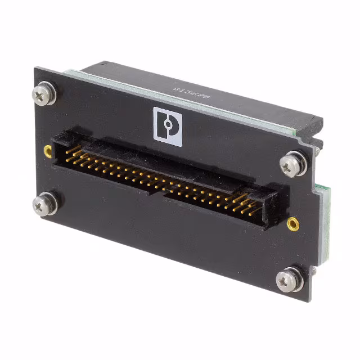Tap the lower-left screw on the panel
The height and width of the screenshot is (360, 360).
click(x=45, y=203)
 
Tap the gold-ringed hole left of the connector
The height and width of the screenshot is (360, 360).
click(x=48, y=150)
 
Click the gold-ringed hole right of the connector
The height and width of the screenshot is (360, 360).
click(x=292, y=224)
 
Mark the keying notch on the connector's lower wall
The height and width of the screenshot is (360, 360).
click(x=155, y=194)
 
